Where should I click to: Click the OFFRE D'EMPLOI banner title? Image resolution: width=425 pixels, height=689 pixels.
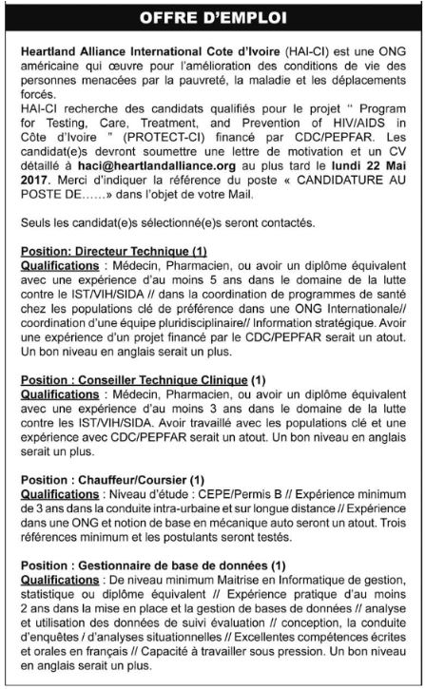click(x=212, y=18)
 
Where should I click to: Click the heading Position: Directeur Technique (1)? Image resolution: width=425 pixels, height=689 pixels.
click(x=113, y=250)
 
